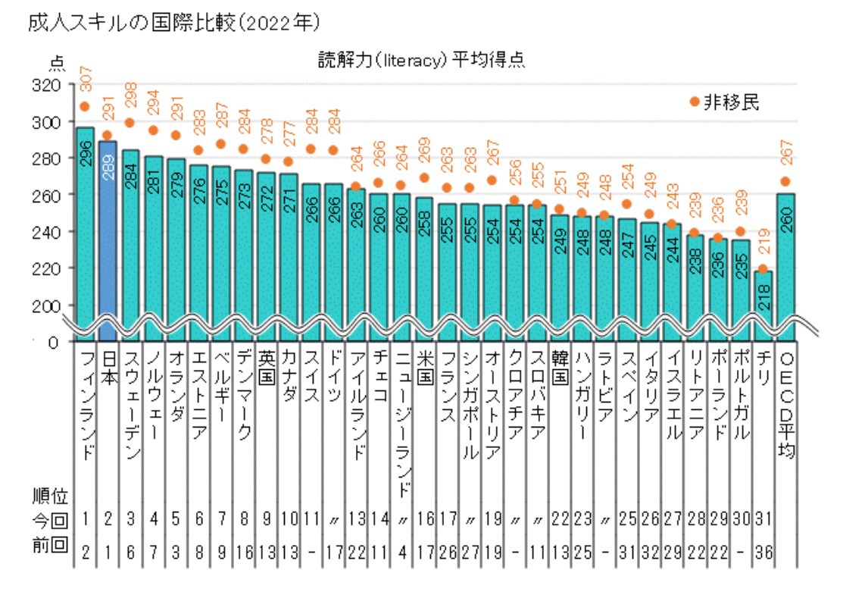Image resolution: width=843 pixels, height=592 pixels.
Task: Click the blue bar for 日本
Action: coord(108,241)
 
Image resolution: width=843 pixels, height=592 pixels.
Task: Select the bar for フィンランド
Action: coord(85,234)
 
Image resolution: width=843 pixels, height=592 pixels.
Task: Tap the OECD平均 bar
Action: coord(785,268)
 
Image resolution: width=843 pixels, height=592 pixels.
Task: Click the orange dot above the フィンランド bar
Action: coord(84,107)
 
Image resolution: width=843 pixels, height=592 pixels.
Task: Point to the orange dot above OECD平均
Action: coord(785,181)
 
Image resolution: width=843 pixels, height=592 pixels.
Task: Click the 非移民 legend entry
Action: coord(725,102)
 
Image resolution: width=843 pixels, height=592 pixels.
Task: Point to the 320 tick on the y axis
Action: coord(46,85)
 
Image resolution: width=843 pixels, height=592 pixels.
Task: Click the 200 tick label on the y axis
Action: coord(46,305)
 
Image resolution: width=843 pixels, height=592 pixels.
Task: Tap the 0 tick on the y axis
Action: coord(53,343)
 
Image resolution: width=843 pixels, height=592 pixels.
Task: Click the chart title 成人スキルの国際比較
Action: coord(133,23)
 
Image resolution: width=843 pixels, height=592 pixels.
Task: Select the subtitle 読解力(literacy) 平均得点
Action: coord(421,59)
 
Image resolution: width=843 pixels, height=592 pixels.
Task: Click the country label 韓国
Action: coord(560,367)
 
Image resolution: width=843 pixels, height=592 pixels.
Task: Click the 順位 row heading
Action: coord(50,496)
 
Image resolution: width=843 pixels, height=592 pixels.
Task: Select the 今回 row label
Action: coord(50,520)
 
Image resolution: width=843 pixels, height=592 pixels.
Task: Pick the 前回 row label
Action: coord(50,545)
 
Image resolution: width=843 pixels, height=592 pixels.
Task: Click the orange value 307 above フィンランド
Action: coord(86,79)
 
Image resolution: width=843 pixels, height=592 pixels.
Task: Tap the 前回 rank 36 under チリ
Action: coord(763,552)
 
